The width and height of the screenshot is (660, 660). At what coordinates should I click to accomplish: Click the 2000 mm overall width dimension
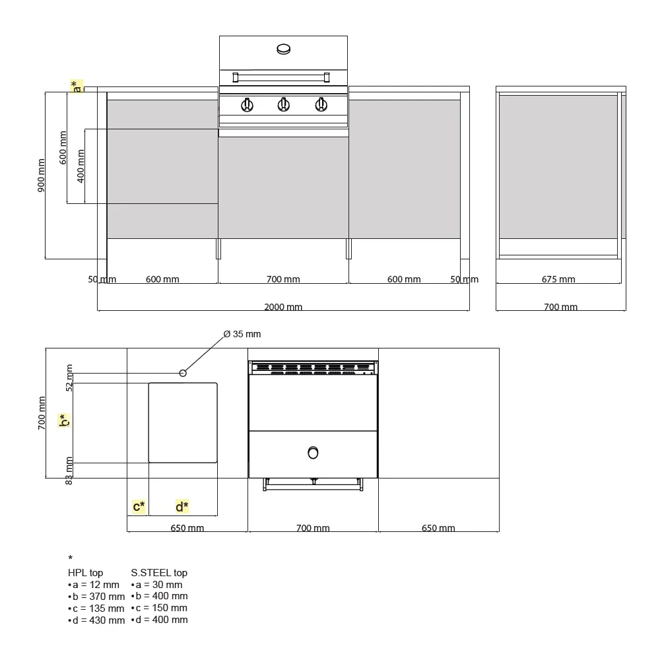point(283,307)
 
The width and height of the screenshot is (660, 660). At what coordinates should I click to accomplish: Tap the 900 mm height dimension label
point(41,175)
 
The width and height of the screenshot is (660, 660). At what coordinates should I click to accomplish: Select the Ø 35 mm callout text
point(242,334)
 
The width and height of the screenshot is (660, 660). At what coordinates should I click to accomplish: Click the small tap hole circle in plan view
point(183,373)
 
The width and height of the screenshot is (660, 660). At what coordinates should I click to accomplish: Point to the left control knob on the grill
point(247,105)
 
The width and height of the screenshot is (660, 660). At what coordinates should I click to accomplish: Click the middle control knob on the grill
point(284,104)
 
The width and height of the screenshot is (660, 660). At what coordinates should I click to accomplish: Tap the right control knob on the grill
point(321,104)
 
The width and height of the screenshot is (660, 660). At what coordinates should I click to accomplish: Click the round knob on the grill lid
point(284,49)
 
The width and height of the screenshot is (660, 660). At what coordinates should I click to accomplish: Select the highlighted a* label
point(77,86)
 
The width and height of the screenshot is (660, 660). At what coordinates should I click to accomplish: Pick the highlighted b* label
point(64,420)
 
